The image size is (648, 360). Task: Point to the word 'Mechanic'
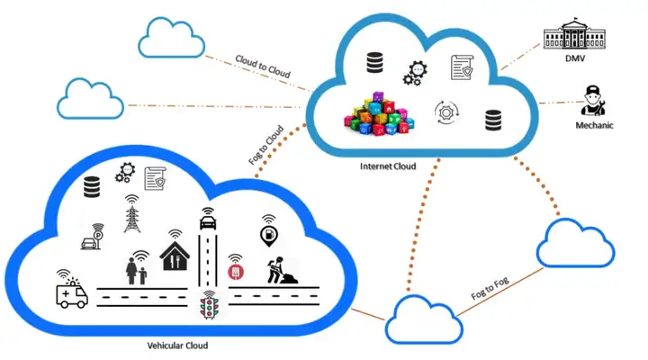(x=594, y=125)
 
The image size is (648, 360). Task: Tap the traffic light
(x=210, y=309)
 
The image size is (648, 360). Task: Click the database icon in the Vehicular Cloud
(x=91, y=187)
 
